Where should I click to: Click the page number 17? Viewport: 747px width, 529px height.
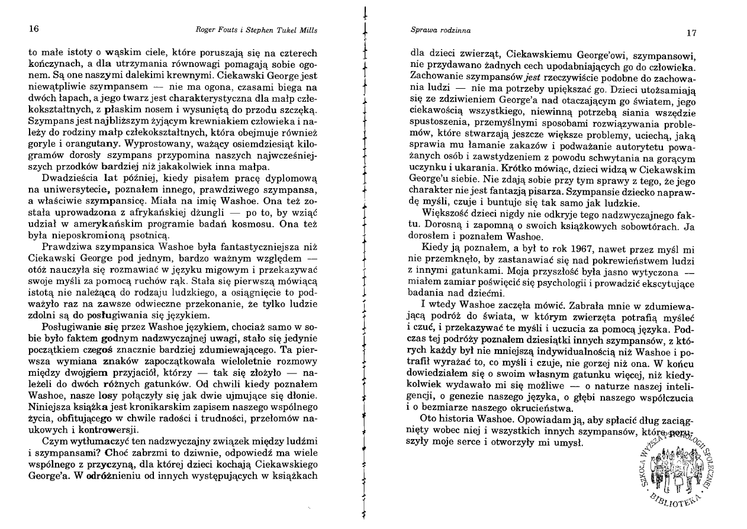[690, 33]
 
